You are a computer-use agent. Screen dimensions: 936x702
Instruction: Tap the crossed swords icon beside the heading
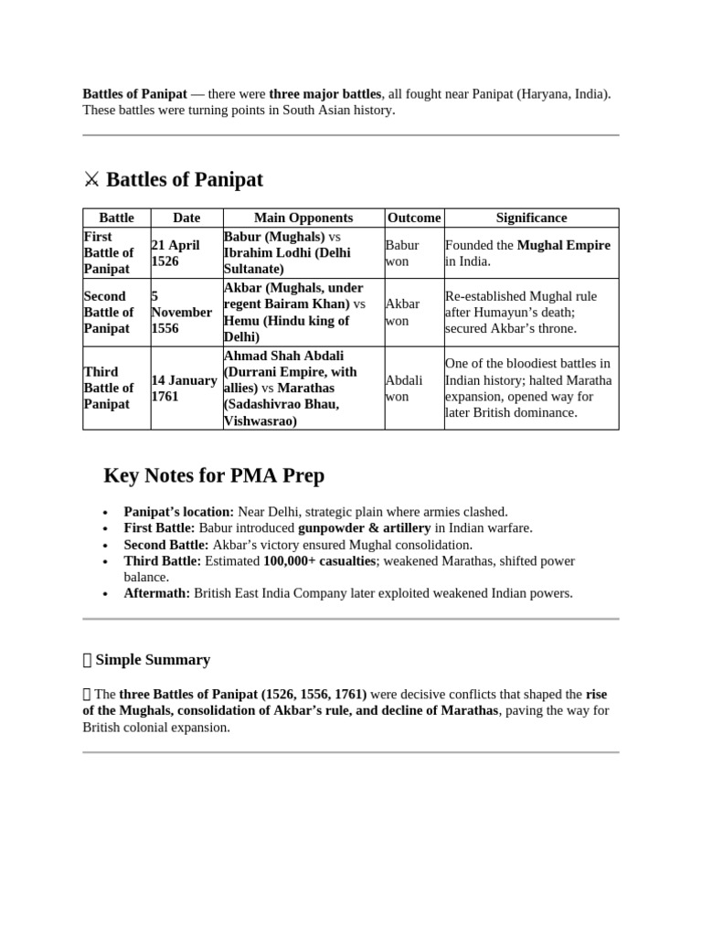91,180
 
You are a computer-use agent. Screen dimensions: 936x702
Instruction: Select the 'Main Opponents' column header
303,218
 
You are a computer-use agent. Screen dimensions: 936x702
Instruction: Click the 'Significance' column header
531,218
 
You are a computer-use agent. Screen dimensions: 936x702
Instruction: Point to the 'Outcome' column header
414,218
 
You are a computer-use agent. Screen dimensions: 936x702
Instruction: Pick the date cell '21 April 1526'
175,253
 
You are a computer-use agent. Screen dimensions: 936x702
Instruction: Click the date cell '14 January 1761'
184,388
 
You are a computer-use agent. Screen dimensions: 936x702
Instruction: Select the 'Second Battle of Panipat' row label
109,313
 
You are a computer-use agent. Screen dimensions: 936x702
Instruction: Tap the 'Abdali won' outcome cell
404,388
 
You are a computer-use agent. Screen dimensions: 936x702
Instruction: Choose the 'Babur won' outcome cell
402,253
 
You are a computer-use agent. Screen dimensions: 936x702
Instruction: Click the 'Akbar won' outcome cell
403,313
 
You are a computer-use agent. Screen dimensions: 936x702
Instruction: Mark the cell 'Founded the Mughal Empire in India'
527,253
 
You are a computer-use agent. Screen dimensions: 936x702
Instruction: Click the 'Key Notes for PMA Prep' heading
214,476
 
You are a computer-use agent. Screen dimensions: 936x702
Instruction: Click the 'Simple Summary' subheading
153,660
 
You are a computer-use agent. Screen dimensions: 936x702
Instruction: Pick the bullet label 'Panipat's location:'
179,512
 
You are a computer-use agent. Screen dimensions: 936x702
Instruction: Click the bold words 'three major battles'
324,94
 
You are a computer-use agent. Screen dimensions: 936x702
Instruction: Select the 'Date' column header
186,218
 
